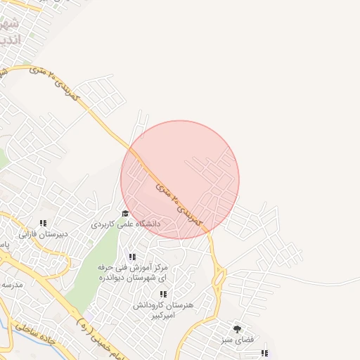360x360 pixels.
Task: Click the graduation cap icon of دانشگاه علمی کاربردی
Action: click(x=125, y=213)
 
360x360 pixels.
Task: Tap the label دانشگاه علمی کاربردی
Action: click(x=126, y=224)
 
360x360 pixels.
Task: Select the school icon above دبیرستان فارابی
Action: click(x=43, y=223)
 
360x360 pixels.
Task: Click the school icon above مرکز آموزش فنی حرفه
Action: click(x=132, y=257)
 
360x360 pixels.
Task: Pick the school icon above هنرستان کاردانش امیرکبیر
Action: click(x=163, y=294)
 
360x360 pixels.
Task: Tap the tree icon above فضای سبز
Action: click(x=237, y=328)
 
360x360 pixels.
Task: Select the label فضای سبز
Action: click(x=237, y=340)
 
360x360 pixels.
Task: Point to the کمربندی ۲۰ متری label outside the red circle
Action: click(x=60, y=84)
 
